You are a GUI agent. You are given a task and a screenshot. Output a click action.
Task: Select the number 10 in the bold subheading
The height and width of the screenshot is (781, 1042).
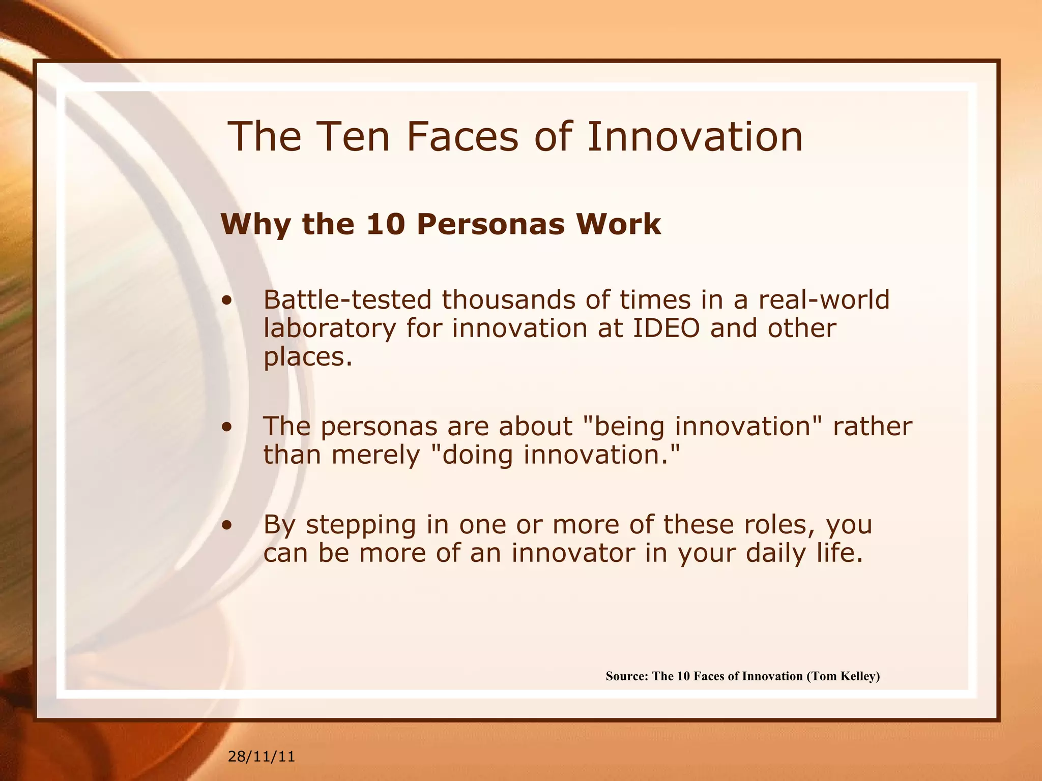coord(387,224)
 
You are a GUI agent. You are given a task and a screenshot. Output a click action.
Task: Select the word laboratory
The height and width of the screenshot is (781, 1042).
coord(329,329)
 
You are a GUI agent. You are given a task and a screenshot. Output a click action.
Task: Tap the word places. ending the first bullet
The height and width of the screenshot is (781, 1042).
coord(307,357)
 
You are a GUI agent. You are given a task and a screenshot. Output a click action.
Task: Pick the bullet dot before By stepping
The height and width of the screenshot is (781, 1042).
coord(227,525)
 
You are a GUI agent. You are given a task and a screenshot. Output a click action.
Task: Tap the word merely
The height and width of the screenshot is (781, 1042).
coord(375,455)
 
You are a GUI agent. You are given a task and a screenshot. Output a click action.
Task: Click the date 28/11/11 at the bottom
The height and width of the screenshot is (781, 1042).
coord(261,757)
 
